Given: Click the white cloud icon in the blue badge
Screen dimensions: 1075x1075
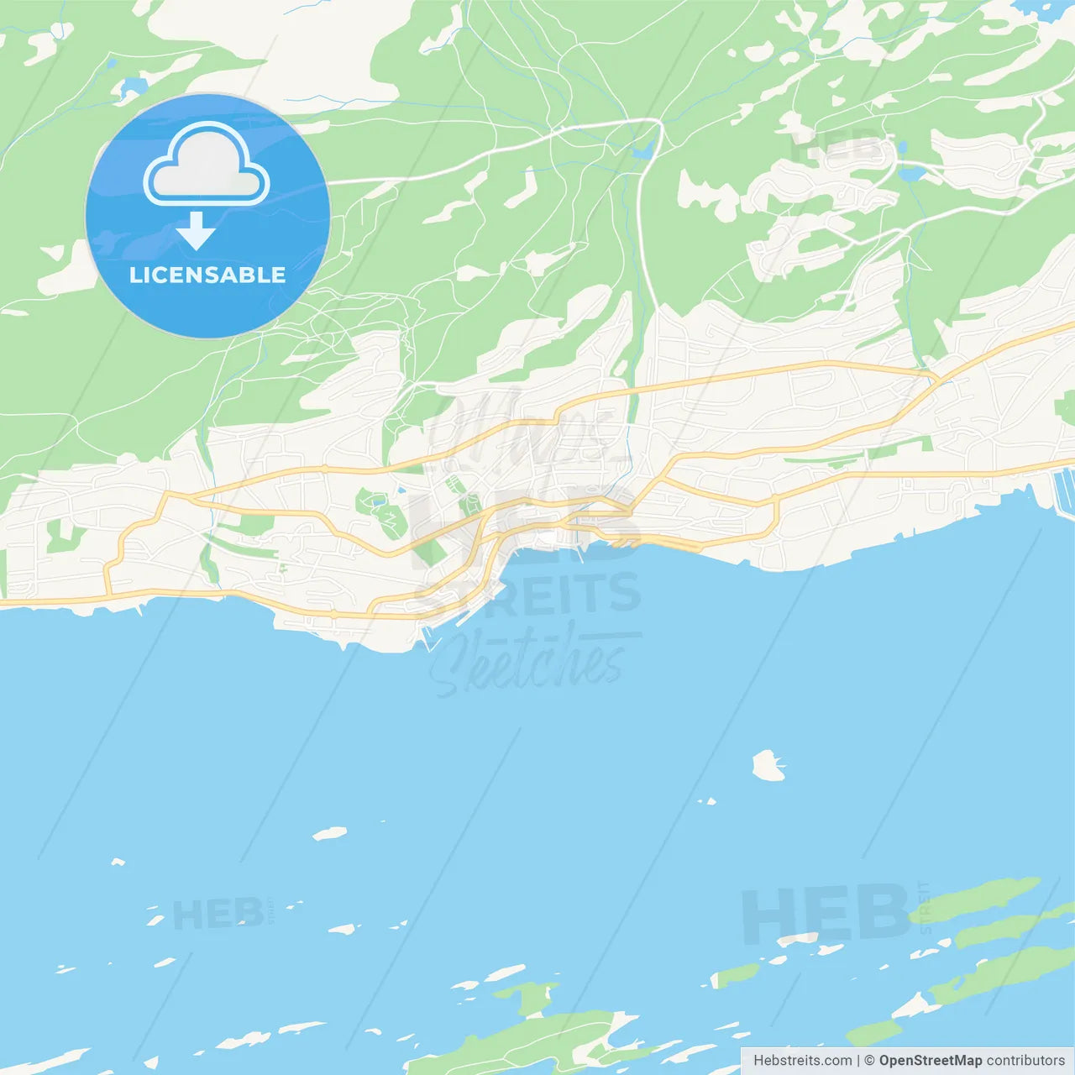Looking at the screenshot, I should (x=207, y=165).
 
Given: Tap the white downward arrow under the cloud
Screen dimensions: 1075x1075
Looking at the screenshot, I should (x=197, y=231).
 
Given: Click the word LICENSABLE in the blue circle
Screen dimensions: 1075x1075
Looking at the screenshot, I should (x=207, y=275).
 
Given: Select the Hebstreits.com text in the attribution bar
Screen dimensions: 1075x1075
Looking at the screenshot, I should (x=802, y=1061).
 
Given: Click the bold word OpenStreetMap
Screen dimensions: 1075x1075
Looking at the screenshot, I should (x=930, y=1061).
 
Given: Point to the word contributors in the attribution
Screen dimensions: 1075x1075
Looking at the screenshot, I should (x=1025, y=1061).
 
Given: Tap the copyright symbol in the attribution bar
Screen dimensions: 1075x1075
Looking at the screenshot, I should (x=869, y=1061).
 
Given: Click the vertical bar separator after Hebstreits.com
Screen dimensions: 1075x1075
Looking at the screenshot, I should (x=858, y=1061).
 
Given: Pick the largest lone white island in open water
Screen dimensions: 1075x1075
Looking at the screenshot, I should (x=768, y=766).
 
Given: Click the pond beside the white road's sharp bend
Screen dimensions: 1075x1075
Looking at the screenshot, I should (x=642, y=151).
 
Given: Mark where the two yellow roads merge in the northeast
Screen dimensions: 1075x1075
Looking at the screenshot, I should (x=935, y=375).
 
